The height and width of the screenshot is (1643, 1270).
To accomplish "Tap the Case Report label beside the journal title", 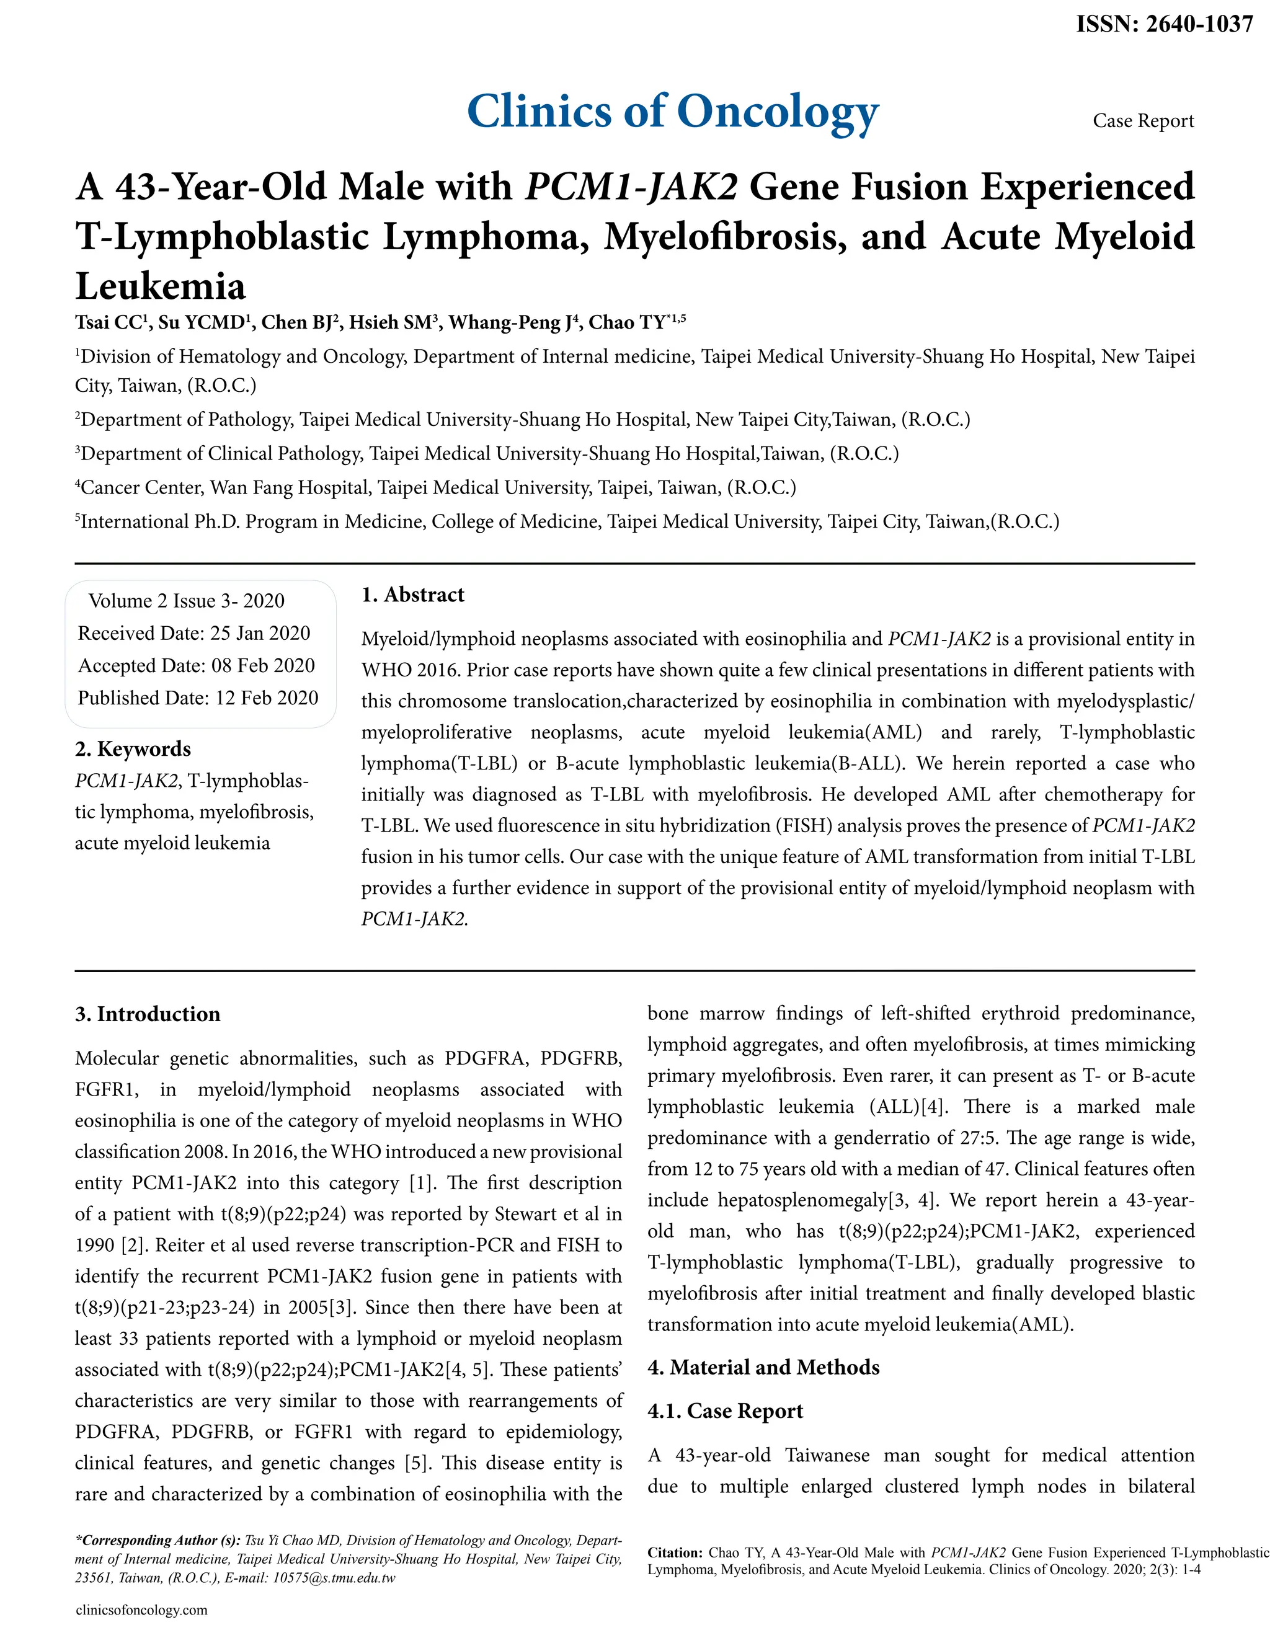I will tap(1143, 121).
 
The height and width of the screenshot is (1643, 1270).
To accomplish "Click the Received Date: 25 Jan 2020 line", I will tap(194, 632).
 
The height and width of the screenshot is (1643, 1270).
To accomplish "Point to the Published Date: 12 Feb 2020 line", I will tap(198, 697).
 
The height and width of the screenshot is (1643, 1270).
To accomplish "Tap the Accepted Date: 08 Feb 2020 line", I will tap(197, 665).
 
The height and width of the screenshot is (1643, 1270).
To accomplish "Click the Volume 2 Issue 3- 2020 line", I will tap(187, 600).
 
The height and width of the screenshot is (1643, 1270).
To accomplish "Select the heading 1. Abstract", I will tap(412, 595).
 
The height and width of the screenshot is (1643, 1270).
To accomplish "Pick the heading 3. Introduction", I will tap(148, 1014).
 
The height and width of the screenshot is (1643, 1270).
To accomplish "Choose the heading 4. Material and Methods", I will tap(763, 1367).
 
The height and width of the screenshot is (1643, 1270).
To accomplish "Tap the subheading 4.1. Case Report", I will tap(726, 1410).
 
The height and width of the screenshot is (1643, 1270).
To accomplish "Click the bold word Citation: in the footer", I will tap(675, 1552).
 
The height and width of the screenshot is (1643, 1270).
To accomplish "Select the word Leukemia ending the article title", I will tap(161, 286).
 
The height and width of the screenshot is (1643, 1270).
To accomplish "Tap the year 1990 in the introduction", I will tap(94, 1245).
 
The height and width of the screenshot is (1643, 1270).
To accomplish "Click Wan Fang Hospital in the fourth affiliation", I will tap(290, 487).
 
